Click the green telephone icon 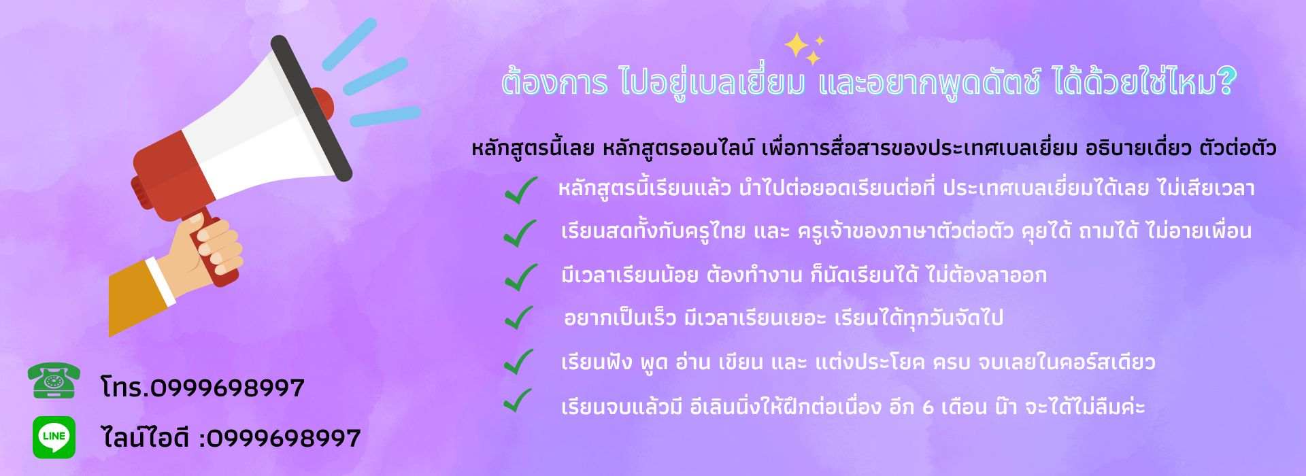click(x=54, y=381)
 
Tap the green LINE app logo click(x=54, y=437)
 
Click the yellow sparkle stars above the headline click(x=803, y=48)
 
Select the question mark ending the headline click(x=1226, y=82)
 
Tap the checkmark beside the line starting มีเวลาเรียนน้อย click(x=520, y=275)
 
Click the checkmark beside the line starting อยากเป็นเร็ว click(x=519, y=317)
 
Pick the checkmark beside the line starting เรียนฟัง click(x=519, y=362)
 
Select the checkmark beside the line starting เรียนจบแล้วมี click(x=518, y=401)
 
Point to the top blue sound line click(x=349, y=44)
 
